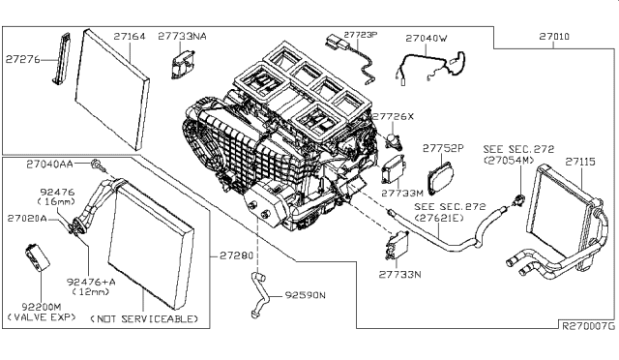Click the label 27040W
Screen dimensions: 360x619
click(x=427, y=38)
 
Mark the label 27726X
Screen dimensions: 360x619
click(x=395, y=116)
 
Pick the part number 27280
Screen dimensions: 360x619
click(x=235, y=255)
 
